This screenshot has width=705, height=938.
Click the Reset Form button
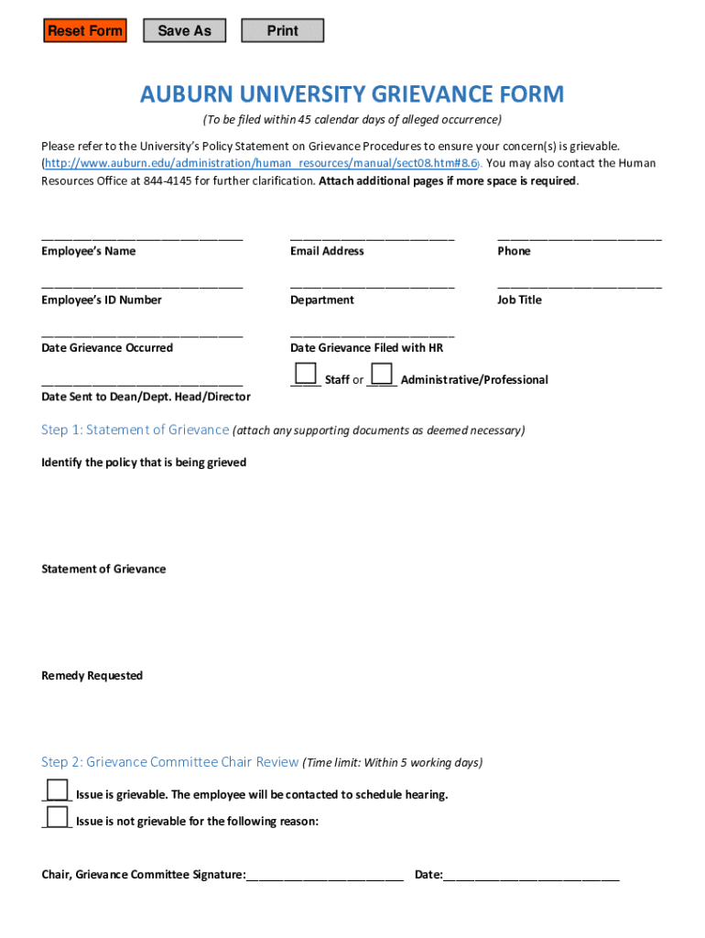tap(85, 31)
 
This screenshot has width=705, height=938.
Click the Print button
tap(282, 31)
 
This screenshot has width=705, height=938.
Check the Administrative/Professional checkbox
tap(382, 375)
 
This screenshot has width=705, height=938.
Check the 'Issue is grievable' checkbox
tap(57, 791)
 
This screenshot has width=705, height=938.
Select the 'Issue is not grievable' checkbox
tap(57, 817)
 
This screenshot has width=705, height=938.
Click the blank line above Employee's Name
tap(142, 236)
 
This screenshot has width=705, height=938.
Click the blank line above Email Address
tap(372, 236)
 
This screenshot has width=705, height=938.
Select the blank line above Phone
tap(579, 236)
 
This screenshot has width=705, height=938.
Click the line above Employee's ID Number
tap(142, 285)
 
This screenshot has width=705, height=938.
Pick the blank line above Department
tap(372, 285)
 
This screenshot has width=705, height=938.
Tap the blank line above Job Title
tap(579, 285)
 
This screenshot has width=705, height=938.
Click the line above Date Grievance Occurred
tap(142, 333)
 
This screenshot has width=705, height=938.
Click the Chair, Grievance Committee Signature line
tap(325, 877)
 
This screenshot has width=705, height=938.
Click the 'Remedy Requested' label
tap(92, 676)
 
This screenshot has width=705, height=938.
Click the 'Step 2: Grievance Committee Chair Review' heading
tap(169, 762)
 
